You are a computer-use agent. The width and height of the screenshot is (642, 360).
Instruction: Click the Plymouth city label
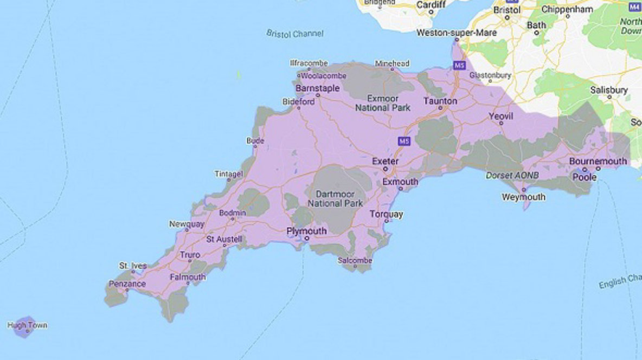(306, 231)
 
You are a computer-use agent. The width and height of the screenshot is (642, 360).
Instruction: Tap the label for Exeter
(386, 162)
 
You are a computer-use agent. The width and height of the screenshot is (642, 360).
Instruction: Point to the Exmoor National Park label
(383, 103)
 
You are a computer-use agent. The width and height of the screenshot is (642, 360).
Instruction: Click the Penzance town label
(127, 284)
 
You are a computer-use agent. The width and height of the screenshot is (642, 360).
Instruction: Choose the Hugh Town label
(27, 325)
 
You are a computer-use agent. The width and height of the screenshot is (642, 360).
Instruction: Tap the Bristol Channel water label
(295, 34)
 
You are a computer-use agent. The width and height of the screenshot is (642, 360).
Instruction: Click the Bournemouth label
(598, 161)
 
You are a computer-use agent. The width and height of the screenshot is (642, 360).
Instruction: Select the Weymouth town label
(523, 197)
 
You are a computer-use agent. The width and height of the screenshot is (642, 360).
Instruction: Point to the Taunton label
(440, 101)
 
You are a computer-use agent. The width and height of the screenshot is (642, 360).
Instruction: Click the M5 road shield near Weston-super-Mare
(459, 66)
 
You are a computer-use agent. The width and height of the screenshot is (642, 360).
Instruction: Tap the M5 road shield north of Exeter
(403, 141)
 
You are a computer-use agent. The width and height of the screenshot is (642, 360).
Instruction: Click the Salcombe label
(355, 261)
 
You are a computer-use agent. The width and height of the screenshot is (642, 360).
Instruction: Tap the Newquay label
(187, 224)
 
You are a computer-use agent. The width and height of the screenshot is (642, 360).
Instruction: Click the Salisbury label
(609, 90)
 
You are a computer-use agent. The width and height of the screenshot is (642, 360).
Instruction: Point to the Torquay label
(387, 214)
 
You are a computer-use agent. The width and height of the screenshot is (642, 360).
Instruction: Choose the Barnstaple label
(318, 88)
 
